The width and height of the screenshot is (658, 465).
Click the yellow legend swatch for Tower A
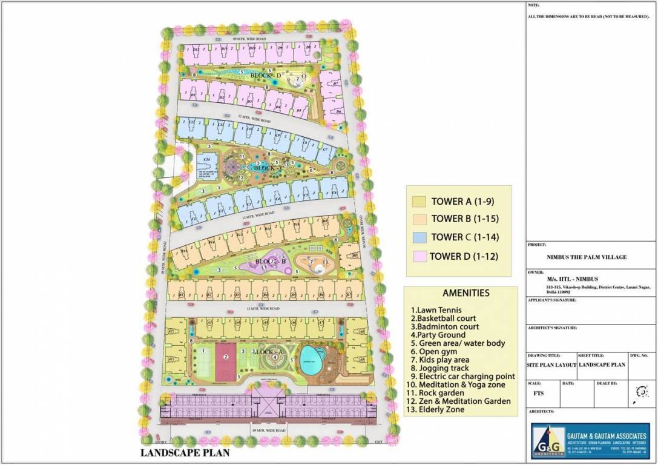click(x=417, y=201)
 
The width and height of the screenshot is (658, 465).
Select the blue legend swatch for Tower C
click(x=417, y=237)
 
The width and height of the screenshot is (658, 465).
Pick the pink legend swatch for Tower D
click(x=417, y=256)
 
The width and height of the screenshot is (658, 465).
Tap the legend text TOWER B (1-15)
click(x=464, y=219)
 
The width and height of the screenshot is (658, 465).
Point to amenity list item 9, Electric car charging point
click(x=463, y=376)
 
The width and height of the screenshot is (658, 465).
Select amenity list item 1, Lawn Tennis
click(x=432, y=310)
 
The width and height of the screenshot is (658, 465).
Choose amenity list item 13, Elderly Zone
click(x=438, y=409)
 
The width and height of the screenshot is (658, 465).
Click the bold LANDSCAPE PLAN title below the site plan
click(x=185, y=452)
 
